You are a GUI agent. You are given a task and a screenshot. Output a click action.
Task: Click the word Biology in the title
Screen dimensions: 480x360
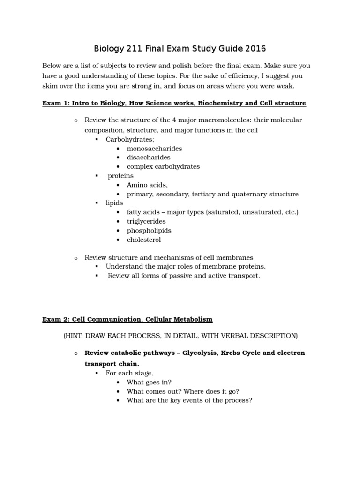pyautogui.click(x=111, y=48)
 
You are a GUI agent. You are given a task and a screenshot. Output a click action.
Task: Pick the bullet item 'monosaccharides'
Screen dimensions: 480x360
pyautogui.click(x=154, y=148)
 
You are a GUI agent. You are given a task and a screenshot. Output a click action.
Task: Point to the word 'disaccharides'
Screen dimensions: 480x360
pyautogui.click(x=149, y=157)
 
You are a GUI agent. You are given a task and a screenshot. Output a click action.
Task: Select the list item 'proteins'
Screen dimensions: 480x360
pyautogui.click(x=120, y=176)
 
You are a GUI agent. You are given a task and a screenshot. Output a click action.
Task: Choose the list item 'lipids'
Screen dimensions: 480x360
pyautogui.click(x=114, y=203)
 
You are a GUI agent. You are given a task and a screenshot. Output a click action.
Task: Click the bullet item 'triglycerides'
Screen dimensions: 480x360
pyautogui.click(x=146, y=221)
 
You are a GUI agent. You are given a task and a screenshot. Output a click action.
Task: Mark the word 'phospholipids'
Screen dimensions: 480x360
pyautogui.click(x=149, y=231)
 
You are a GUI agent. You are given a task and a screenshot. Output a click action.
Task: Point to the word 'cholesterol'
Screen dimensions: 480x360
pyautogui.click(x=144, y=240)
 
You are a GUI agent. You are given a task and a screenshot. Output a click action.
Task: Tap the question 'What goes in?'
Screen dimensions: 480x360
pyautogui.click(x=149, y=382)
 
